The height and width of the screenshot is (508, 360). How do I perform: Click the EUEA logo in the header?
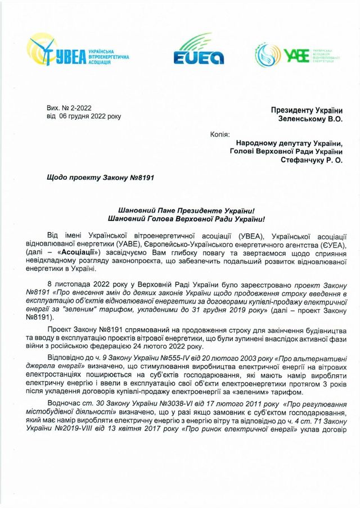point(199,50)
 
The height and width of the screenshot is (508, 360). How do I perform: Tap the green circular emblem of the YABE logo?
point(269,53)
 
